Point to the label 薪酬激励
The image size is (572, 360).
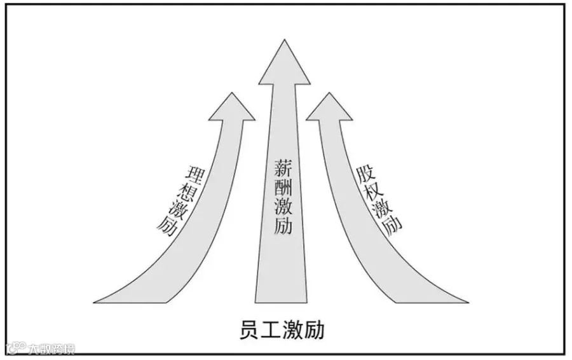pyautogui.click(x=283, y=197)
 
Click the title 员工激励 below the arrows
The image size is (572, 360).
pyautogui.click(x=283, y=330)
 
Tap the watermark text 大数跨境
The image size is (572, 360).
pyautogui.click(x=50, y=349)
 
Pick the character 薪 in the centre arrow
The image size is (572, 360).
pyautogui.click(x=283, y=167)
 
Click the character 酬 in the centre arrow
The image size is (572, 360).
pyautogui.click(x=283, y=187)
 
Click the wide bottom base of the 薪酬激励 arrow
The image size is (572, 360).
pyautogui.click(x=283, y=296)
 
